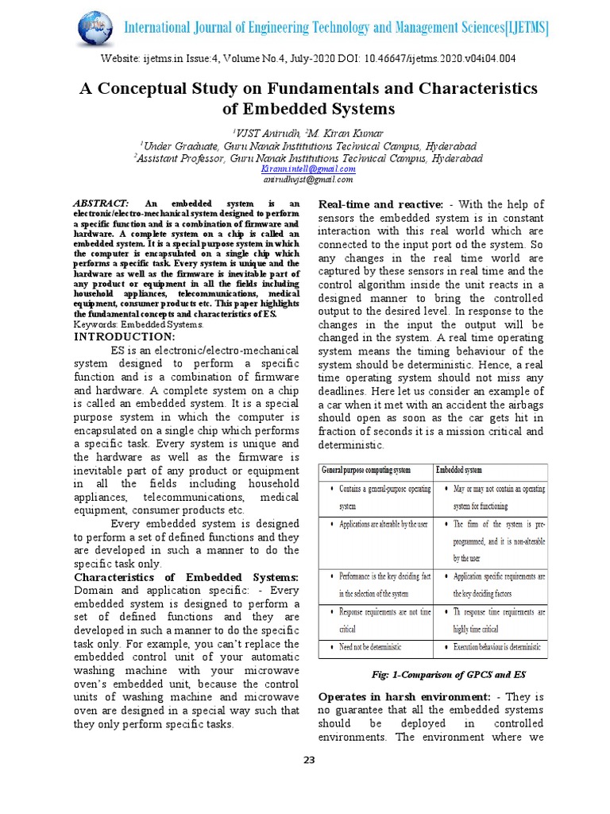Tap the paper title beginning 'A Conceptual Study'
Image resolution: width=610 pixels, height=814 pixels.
pos(308,98)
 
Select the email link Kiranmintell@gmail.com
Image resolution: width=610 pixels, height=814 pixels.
pos(308,169)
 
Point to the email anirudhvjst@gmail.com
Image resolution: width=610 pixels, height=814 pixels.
pos(308,179)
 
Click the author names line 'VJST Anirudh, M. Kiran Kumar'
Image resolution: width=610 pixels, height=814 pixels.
pos(308,133)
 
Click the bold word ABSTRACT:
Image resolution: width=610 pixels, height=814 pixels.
pos(100,204)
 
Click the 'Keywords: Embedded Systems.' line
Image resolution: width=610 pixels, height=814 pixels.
pos(139,324)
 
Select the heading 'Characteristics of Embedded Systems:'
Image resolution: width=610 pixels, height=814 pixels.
pos(186,576)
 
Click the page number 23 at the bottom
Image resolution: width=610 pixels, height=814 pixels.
pos(309,761)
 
